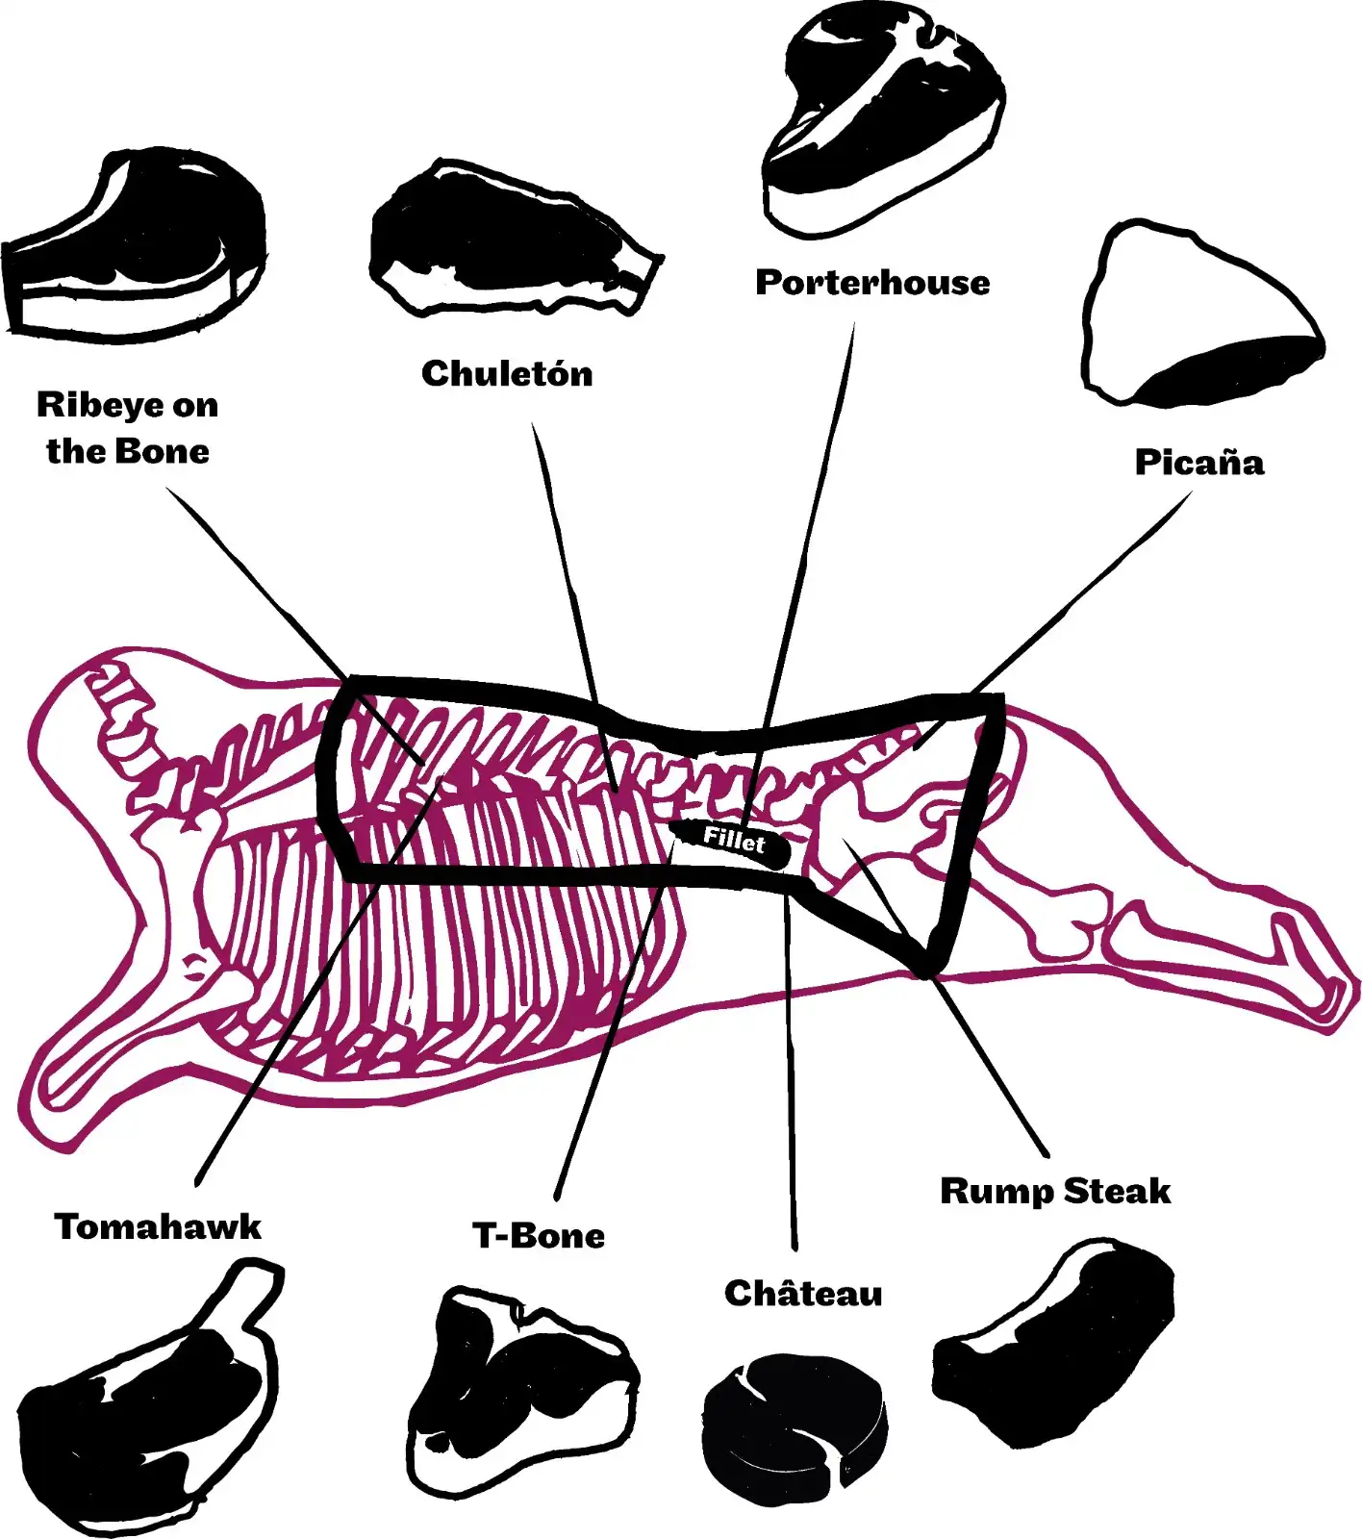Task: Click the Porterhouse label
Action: [872, 282]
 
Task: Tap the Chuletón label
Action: [507, 373]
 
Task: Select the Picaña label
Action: [1199, 462]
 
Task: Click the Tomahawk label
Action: [158, 1226]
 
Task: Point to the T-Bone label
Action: [539, 1235]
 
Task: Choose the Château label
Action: [803, 1293]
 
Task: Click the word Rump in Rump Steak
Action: [996, 1192]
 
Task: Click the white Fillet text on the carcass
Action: [734, 840]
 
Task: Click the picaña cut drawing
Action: [1202, 313]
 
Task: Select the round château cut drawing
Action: [794, 1428]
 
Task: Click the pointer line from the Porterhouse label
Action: [799, 568]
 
